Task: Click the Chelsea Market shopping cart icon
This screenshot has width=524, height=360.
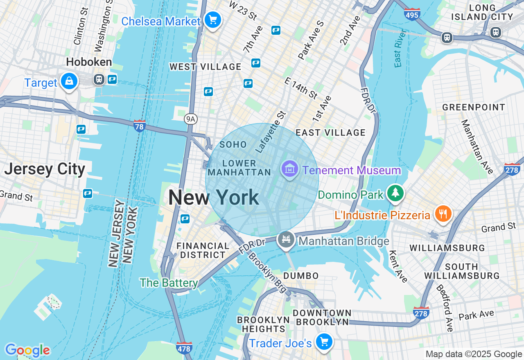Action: [x=212, y=20]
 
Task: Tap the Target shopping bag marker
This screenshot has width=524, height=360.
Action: [x=69, y=81]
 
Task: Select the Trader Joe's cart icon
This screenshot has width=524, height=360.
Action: [x=324, y=341]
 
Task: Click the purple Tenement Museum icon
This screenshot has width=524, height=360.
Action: [x=290, y=169]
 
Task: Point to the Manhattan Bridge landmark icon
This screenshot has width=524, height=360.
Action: [x=286, y=240]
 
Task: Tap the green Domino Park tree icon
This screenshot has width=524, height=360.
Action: [x=395, y=193]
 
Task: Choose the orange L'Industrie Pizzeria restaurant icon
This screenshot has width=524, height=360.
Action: [x=443, y=214]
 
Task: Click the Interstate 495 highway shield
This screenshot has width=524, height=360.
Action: [x=412, y=14]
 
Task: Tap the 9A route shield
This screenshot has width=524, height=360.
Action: [x=190, y=119]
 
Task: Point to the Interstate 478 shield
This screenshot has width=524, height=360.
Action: [x=184, y=348]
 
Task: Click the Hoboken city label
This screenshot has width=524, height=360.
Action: [x=89, y=62]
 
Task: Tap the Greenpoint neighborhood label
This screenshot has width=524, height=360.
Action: [x=474, y=107]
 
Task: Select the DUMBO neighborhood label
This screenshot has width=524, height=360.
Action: [x=301, y=275]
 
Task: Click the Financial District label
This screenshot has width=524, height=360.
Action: [x=203, y=250]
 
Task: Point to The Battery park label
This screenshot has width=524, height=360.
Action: [x=169, y=283]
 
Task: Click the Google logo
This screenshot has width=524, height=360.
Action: [x=27, y=350]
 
